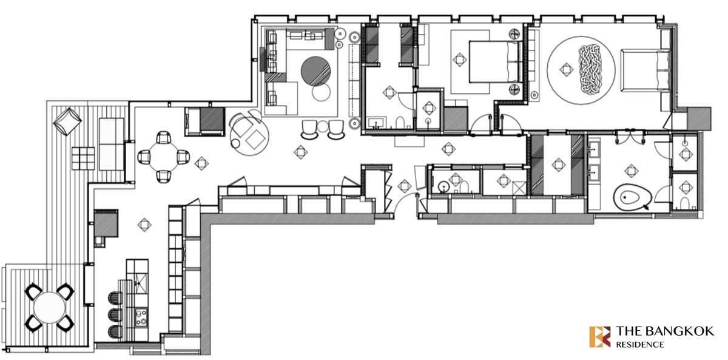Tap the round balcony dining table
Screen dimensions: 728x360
49,308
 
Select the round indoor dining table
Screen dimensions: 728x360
163,157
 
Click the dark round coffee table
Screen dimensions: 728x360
315,71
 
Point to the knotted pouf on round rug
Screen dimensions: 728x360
590,69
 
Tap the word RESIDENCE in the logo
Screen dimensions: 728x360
640,345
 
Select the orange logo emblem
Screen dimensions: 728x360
600,337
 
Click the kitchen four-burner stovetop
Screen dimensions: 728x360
141,317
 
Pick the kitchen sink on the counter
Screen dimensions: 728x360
141,283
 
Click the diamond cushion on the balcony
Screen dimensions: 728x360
67,121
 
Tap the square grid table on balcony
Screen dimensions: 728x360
83,158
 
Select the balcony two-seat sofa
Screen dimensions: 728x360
112,144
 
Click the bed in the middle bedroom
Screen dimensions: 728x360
496,61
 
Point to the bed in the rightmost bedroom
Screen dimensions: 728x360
645,70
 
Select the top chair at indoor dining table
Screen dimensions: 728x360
163,137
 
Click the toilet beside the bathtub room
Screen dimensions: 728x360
684,203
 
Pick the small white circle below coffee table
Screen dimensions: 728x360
321,92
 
